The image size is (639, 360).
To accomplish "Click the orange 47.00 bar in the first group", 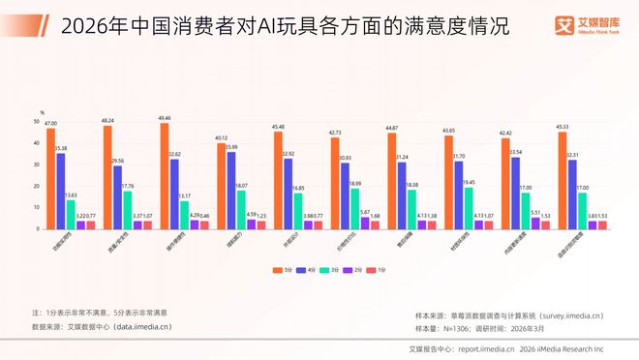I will [51, 178].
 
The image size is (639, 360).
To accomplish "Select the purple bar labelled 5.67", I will [365, 223].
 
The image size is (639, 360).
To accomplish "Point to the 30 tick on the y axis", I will [36, 165].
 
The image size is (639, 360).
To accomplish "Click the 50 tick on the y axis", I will [36, 122].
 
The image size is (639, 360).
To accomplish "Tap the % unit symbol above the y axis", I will [42, 113].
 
